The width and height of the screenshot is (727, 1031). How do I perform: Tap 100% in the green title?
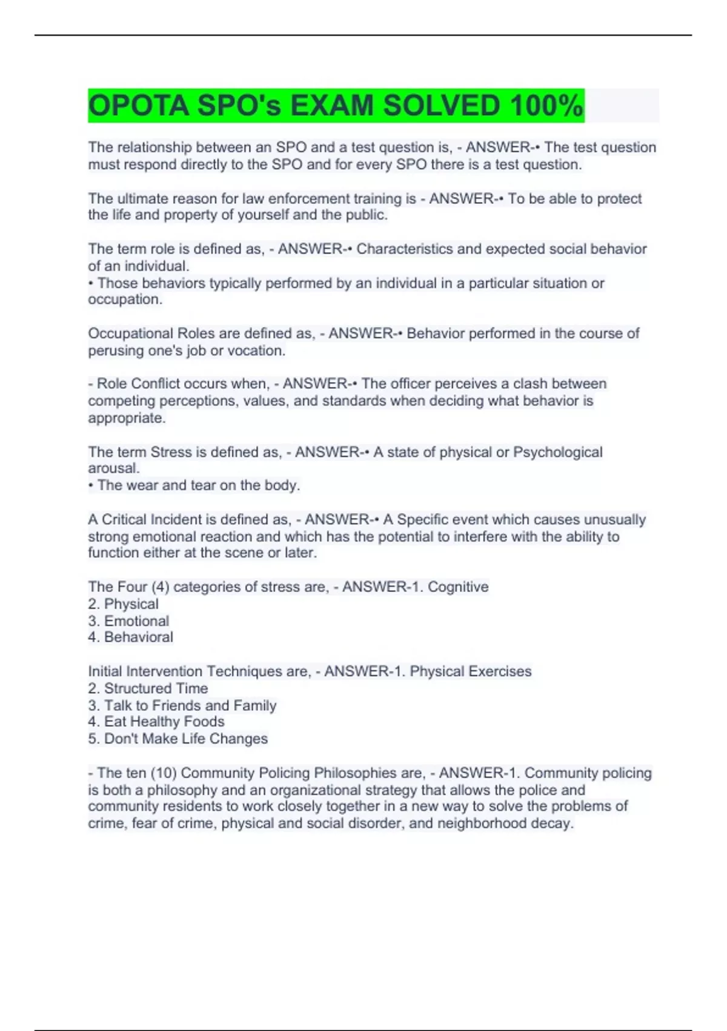click(546, 106)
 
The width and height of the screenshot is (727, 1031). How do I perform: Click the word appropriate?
click(127, 418)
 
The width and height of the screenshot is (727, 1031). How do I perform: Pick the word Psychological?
click(557, 452)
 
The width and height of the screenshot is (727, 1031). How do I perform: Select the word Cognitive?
click(458, 587)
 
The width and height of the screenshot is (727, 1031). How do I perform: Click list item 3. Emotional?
click(128, 621)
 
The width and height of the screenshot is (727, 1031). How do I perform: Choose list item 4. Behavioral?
click(130, 637)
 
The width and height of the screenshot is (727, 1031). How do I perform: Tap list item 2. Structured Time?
click(148, 688)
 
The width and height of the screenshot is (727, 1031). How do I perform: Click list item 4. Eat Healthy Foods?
click(156, 722)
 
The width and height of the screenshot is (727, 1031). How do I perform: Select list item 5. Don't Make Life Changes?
click(178, 739)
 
